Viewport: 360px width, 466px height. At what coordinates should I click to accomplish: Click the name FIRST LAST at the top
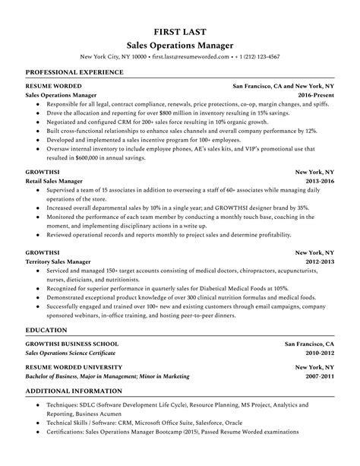click(179, 32)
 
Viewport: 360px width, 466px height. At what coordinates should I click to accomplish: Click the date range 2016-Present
click(314, 96)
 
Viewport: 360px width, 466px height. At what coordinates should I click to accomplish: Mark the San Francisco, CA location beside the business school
click(309, 344)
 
